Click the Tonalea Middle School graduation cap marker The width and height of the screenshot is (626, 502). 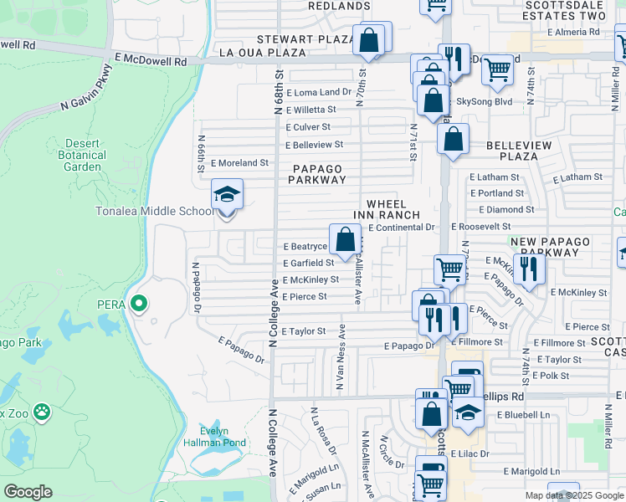click(227, 195)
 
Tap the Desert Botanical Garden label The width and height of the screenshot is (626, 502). click(82, 155)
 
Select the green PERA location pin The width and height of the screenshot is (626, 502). click(140, 304)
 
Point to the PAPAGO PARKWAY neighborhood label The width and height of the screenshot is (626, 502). click(317, 174)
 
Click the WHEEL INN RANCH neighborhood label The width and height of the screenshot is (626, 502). click(386, 209)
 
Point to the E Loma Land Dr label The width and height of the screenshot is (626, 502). click(318, 92)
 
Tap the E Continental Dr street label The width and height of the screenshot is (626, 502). click(402, 227)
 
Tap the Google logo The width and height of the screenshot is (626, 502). click(28, 492)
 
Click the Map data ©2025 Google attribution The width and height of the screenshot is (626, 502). click(573, 495)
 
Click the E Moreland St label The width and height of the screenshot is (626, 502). click(239, 163)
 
